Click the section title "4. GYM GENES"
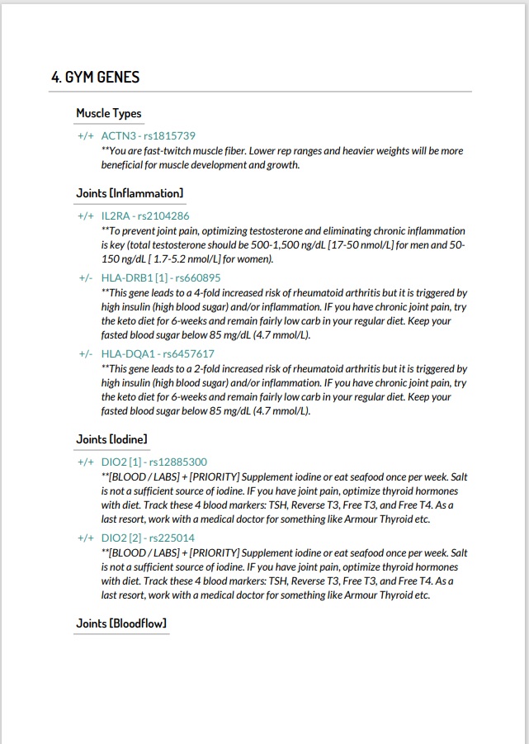click(95, 78)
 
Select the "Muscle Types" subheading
click(109, 114)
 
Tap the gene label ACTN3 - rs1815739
click(148, 135)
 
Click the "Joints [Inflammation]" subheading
click(130, 193)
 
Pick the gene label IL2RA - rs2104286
click(145, 216)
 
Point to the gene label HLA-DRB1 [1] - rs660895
click(161, 278)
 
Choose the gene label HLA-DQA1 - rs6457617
click(158, 354)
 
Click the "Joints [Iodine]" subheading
click(112, 439)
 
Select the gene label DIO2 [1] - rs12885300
click(154, 462)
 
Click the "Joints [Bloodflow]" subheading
click(121, 623)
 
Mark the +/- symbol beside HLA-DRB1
click(86, 278)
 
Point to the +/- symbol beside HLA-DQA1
click(86, 354)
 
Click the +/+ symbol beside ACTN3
click(86, 135)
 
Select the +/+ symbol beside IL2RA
click(86, 216)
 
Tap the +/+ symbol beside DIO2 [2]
click(86, 538)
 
